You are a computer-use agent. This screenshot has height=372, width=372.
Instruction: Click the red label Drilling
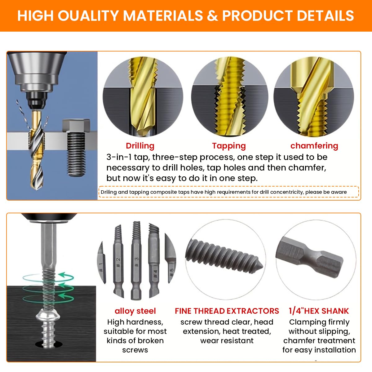point(140,146)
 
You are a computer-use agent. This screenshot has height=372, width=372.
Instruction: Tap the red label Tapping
point(229,146)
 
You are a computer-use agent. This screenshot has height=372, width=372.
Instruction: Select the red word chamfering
point(314,146)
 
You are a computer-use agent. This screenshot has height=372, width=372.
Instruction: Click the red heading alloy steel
point(135,311)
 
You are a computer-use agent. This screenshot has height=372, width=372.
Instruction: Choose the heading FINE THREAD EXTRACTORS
point(227,311)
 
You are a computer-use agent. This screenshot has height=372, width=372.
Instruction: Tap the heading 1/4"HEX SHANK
point(319,311)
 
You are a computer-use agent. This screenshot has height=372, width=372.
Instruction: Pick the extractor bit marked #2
point(118,260)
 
